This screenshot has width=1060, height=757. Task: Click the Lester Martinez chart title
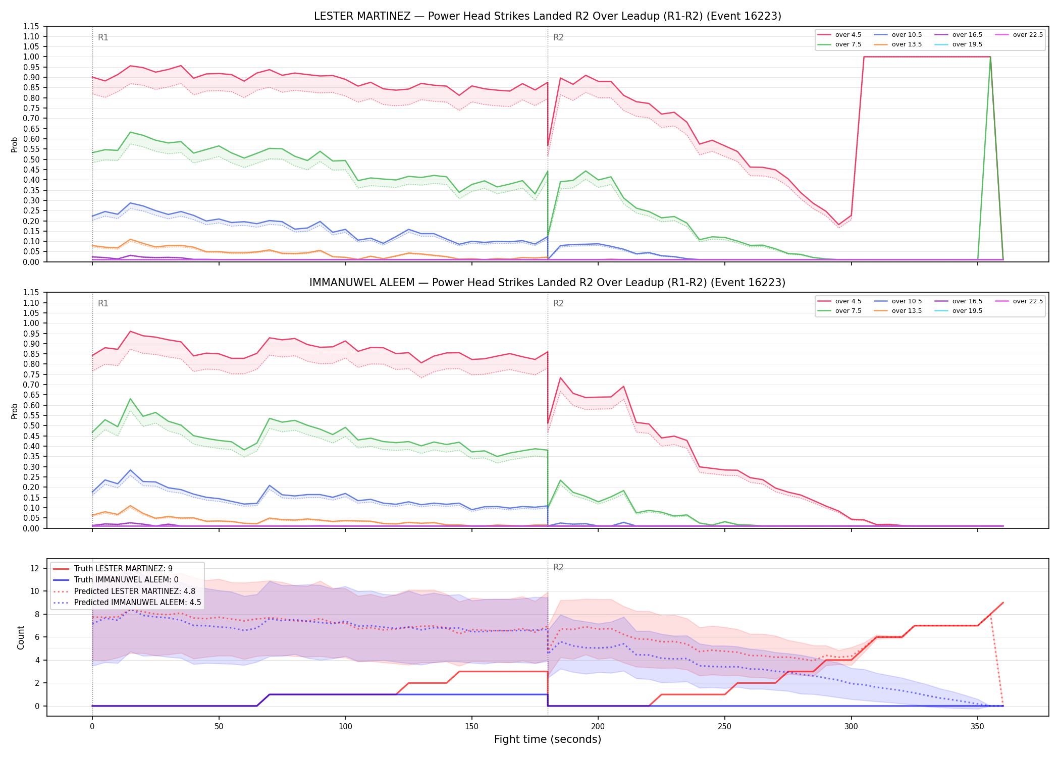tap(548, 16)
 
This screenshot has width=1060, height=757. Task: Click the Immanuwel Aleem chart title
tap(548, 283)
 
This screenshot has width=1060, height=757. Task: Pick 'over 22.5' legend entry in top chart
tap(1019, 35)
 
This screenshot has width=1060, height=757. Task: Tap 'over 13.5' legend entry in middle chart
tap(898, 311)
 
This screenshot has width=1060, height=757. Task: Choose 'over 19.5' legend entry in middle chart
tap(959, 311)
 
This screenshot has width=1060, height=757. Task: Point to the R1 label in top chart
tap(103, 37)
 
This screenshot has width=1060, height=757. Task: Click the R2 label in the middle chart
tap(558, 303)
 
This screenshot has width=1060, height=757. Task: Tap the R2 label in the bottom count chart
tap(558, 567)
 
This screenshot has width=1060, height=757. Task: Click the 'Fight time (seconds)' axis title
tap(548, 739)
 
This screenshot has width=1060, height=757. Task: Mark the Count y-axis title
tap(21, 637)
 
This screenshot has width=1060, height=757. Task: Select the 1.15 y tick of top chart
tap(31, 26)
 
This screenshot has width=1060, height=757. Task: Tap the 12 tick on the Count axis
tap(34, 568)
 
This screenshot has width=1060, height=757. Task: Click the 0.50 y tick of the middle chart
tap(31, 426)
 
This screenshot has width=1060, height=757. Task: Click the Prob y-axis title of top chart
tap(15, 144)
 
